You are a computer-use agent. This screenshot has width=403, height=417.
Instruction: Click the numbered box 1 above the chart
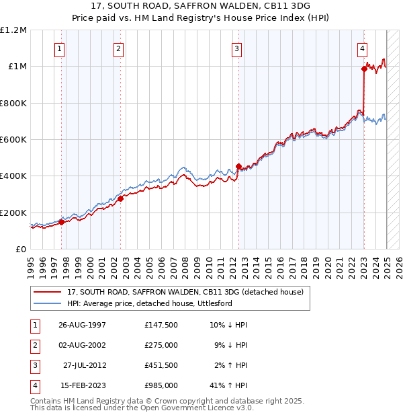click(x=60, y=48)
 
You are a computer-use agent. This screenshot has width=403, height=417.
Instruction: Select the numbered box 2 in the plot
click(x=118, y=48)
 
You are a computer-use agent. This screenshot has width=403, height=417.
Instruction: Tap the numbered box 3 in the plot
click(x=237, y=48)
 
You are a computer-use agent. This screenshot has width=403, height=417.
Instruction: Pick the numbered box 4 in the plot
click(x=362, y=48)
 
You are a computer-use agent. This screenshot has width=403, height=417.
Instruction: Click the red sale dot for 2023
click(x=364, y=69)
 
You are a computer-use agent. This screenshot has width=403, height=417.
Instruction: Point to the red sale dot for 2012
click(x=238, y=166)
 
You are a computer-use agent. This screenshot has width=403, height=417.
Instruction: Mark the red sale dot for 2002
click(x=120, y=198)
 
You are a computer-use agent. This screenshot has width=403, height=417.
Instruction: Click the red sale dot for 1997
click(x=61, y=222)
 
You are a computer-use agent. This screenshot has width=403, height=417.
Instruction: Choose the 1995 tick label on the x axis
click(x=31, y=266)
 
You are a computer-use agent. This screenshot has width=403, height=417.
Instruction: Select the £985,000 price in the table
click(x=161, y=385)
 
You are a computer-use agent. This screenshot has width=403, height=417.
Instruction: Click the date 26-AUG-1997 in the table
click(x=83, y=325)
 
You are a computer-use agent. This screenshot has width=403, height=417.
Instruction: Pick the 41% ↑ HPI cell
click(x=228, y=385)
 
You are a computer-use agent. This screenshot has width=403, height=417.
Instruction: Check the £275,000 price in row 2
click(x=161, y=345)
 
